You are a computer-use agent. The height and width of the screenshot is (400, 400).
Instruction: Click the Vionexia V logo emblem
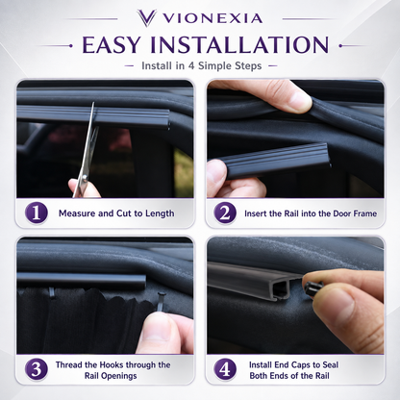(146, 17)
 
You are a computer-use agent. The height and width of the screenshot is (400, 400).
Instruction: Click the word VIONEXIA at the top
(213, 18)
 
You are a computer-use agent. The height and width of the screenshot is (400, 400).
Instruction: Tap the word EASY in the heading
(112, 44)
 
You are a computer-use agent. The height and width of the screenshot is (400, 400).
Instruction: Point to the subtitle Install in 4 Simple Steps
(202, 65)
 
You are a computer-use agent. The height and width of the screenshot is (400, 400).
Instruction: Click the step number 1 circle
(37, 212)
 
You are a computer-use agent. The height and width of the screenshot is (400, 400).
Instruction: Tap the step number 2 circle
(225, 212)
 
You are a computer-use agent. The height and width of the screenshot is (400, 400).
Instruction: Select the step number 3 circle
(37, 369)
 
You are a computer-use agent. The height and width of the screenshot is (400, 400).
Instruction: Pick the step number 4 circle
(225, 369)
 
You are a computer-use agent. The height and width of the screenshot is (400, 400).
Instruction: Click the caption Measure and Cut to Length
(116, 213)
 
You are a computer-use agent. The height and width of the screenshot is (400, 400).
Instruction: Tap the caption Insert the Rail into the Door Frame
(311, 213)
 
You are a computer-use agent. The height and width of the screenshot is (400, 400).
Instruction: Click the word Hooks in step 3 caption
(112, 364)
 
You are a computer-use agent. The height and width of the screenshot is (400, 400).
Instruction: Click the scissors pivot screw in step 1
(85, 177)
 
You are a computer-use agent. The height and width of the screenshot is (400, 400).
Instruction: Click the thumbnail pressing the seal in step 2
(299, 100)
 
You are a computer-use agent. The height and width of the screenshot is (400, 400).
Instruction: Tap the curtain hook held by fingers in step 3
(162, 303)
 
